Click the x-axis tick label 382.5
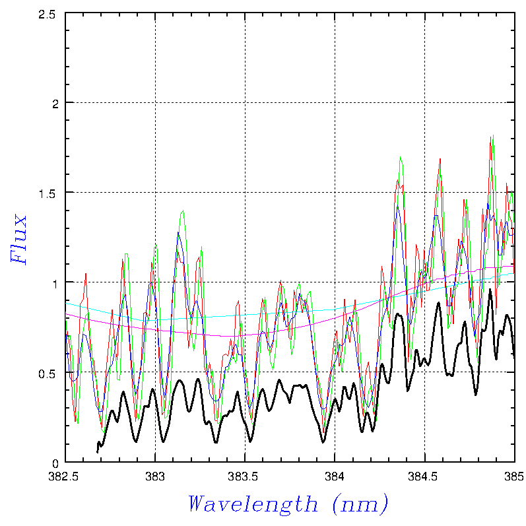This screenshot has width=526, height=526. (x=65, y=475)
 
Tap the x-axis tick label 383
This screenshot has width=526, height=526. (x=155, y=475)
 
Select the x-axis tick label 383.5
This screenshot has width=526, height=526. (x=245, y=475)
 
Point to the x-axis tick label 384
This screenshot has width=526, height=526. (x=335, y=475)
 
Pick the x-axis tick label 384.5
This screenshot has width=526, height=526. (x=424, y=475)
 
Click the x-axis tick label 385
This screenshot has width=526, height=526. (x=513, y=475)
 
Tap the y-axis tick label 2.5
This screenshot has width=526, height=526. (x=48, y=13)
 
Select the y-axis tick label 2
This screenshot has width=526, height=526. (x=55, y=103)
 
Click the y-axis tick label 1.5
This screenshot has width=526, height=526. (x=48, y=193)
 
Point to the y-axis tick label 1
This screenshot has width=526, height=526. (x=55, y=282)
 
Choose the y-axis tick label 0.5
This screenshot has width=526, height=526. (x=48, y=372)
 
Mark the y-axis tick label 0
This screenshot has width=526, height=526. (x=55, y=462)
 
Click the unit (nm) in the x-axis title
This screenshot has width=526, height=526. (x=360, y=504)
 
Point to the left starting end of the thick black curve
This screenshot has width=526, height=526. (x=98, y=451)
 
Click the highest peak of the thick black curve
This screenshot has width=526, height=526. (x=490, y=289)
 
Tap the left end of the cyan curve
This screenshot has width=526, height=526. (x=66, y=303)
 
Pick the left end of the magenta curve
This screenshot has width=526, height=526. (x=66, y=313)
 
